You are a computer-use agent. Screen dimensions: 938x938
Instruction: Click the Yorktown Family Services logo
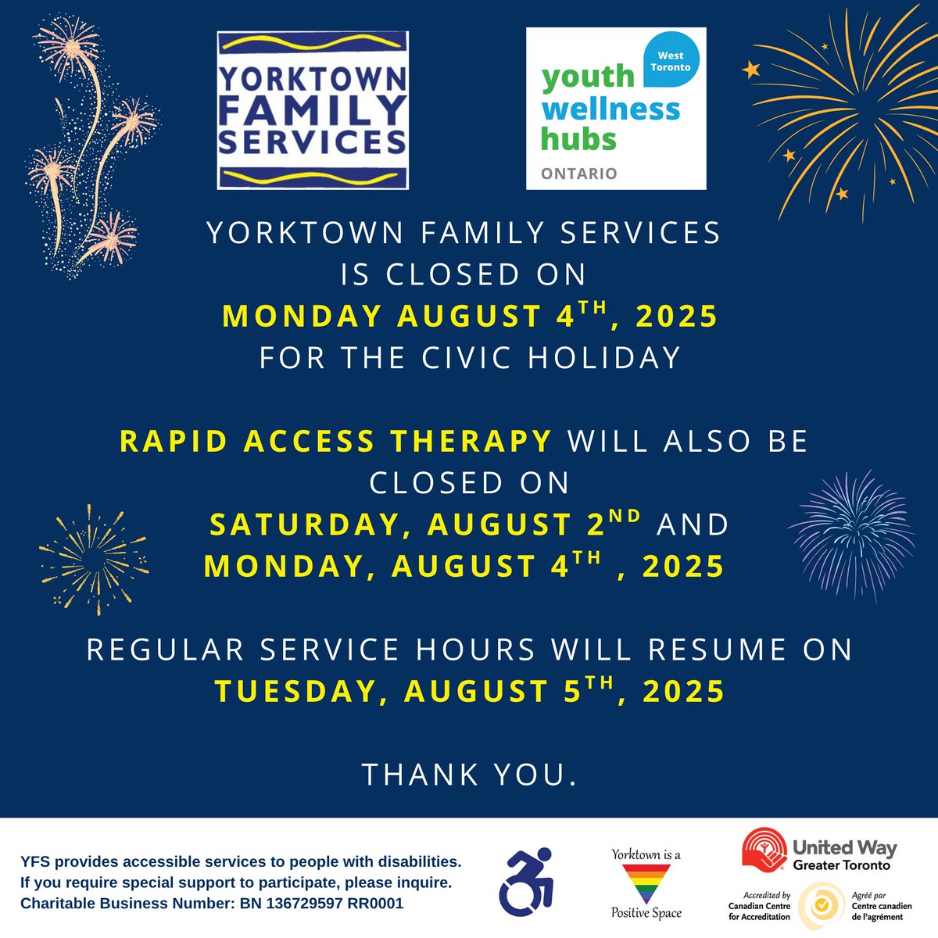313,109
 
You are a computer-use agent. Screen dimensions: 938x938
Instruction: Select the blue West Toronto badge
670,61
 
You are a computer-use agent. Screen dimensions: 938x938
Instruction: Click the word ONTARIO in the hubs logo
579,174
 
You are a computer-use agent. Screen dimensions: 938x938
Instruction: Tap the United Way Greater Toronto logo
818,852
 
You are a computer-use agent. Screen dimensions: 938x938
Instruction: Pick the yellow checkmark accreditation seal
821,905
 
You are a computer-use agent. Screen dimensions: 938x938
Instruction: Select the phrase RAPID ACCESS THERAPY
336,441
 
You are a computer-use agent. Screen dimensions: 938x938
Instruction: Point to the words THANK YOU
469,775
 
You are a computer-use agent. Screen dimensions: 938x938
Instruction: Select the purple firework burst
852,532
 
